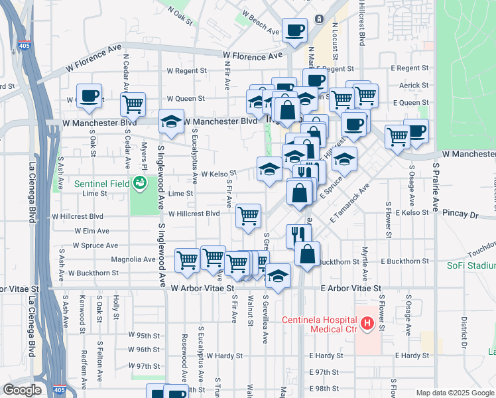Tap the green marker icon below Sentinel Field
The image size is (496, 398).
(x=139, y=183)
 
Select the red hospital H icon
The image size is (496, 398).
(x=364, y=324)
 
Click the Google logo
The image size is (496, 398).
(x=23, y=390)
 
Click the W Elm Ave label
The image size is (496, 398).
(x=92, y=231)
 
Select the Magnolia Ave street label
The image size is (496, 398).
(x=133, y=259)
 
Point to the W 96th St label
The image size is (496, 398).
(x=144, y=350)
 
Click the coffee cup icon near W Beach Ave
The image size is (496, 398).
(x=294, y=29)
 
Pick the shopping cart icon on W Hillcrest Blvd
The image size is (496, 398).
(x=248, y=215)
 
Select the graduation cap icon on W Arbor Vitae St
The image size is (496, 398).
(x=278, y=275)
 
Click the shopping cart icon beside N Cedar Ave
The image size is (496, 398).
(x=133, y=104)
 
